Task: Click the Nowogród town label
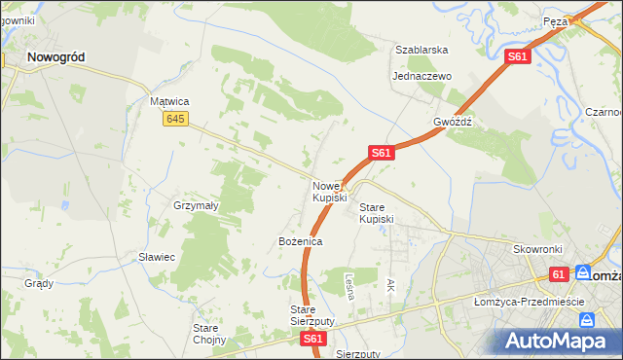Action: [x=55, y=57]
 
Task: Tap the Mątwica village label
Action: [x=168, y=101]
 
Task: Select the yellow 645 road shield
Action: [x=175, y=119]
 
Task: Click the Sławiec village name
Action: [x=156, y=257]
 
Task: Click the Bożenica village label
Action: [x=300, y=240]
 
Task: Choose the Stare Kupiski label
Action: [x=376, y=213]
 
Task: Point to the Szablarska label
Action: [x=421, y=50]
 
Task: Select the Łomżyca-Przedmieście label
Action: [x=528, y=302]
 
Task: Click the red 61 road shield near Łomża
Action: [x=559, y=275]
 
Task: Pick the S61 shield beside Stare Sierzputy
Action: [x=312, y=340]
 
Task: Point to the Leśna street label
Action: [x=348, y=284]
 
